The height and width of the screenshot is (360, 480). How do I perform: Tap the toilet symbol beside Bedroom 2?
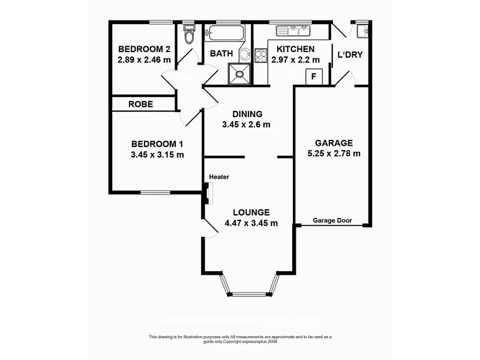pyautogui.click(x=188, y=35)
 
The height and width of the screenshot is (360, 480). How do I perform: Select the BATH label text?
pyautogui.click(x=220, y=53)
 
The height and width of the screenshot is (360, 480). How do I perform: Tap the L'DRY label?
pyautogui.click(x=349, y=56)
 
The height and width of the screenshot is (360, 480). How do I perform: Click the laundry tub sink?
pyautogui.click(x=361, y=31)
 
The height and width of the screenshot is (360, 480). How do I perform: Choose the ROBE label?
pyautogui.click(x=141, y=104)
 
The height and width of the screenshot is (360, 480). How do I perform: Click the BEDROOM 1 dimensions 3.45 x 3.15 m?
pyautogui.click(x=157, y=154)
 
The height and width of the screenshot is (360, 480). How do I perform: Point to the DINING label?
pyautogui.click(x=247, y=114)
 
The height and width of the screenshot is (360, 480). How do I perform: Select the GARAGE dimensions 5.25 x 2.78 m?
pyautogui.click(x=334, y=154)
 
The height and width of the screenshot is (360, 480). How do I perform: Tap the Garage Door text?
pyautogui.click(x=333, y=220)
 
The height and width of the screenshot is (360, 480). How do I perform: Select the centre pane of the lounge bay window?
pyautogui.click(x=251, y=294)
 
